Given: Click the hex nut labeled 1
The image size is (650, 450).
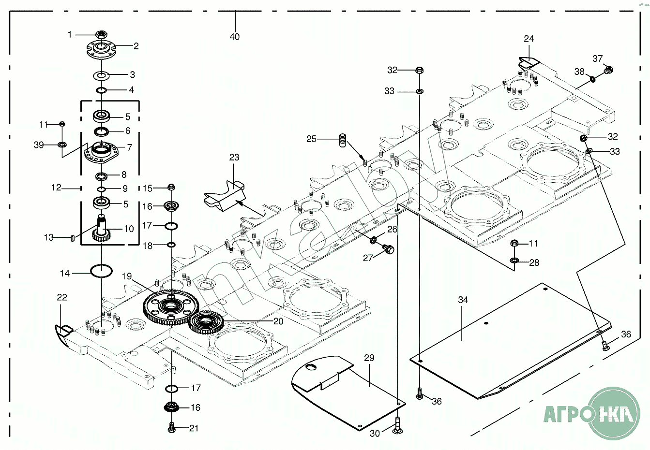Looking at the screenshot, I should point(101,34).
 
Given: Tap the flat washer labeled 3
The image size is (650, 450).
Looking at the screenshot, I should point(101,75).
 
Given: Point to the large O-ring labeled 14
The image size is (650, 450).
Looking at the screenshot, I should point(101,271).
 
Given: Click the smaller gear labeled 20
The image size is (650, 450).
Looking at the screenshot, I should point(205,322).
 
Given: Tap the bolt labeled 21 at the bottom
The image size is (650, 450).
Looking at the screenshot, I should point(171,428).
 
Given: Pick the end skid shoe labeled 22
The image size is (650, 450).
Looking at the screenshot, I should point(63,333).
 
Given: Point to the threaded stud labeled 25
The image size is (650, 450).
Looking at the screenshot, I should point(342,140).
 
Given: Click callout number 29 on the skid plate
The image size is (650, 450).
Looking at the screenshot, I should point(369,358).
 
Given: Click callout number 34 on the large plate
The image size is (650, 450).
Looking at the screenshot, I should point(463,300).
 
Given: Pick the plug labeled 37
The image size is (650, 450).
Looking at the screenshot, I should point(608,70).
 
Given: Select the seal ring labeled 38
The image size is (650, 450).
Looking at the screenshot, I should point(592,78).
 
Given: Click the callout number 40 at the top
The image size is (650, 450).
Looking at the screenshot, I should point(235,37).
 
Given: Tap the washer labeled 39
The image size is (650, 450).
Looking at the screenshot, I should point(62,145).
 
